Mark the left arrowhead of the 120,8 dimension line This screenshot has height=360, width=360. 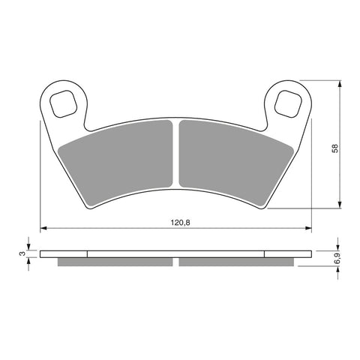(43, 228)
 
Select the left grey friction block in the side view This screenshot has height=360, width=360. (115, 262)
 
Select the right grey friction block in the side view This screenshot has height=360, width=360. (236, 262)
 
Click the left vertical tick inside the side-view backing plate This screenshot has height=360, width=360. (88, 253)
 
